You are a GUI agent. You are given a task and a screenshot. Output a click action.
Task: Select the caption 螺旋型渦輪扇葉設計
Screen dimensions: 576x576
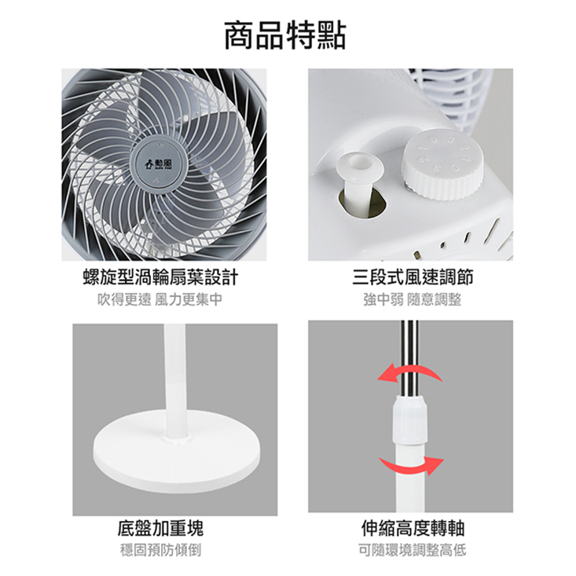161,277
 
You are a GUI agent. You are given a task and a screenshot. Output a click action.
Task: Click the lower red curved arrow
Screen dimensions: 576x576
412,466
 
